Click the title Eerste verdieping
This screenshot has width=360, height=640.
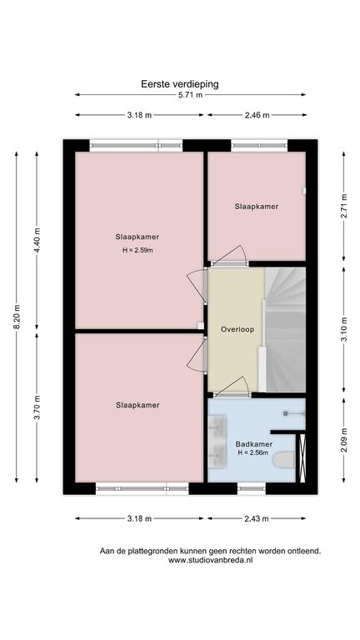click(x=180, y=84)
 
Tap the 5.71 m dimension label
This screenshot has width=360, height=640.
click(x=191, y=95)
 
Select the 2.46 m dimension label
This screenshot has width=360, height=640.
click(x=257, y=115)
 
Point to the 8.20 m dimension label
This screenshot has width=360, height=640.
click(x=17, y=317)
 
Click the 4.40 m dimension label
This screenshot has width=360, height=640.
click(x=37, y=240)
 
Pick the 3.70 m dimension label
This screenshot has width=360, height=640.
click(x=37, y=407)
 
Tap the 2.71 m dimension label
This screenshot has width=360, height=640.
click(x=343, y=206)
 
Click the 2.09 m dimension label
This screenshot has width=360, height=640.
click(x=343, y=440)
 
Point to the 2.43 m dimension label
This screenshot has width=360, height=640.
click(x=257, y=519)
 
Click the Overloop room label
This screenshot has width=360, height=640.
click(x=237, y=329)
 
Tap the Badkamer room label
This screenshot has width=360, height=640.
click(x=254, y=444)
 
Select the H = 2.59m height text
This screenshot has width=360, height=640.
click(x=137, y=251)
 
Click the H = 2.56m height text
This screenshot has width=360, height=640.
click(x=254, y=452)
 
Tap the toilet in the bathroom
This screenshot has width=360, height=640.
click(x=284, y=460)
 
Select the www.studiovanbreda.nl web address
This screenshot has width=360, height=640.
click(x=210, y=560)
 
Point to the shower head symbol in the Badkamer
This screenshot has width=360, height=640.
click(x=286, y=413)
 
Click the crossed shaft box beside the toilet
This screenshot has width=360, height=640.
click(x=302, y=458)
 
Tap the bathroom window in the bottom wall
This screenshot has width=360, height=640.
click(x=252, y=488)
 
